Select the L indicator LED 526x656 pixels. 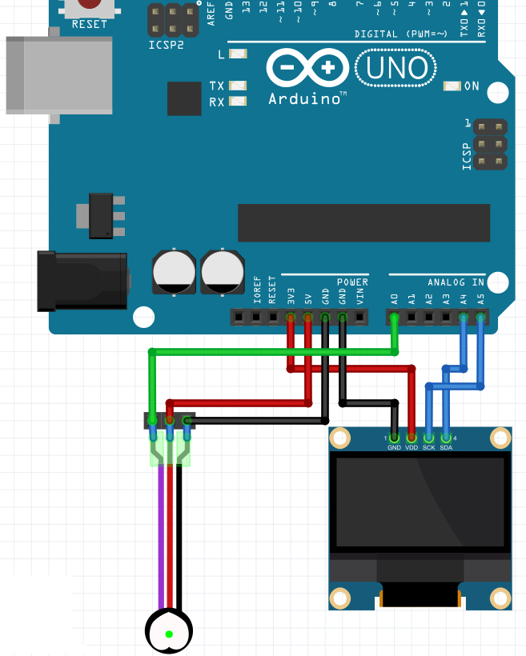coord(238,54)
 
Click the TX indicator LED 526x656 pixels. coord(238,86)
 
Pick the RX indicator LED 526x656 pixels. coord(238,101)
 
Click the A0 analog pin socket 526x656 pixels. coord(394,318)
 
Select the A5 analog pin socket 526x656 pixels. coord(480,318)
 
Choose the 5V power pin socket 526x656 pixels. coord(307,318)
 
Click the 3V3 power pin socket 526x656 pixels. coord(291,318)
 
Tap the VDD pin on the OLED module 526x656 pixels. coord(412,438)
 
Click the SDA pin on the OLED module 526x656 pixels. coord(446,438)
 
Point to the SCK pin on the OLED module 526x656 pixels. coord(428,438)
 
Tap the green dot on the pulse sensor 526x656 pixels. coord(169,634)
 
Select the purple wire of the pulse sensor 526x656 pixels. coord(161,536)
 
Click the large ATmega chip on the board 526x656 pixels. coord(363,222)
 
